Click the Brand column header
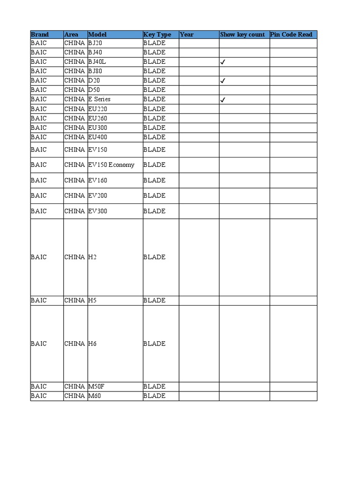[40, 35]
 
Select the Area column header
[71, 35]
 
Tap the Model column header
[97, 35]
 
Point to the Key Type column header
[157, 35]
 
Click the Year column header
[187, 35]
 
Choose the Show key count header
[242, 35]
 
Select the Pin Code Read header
[291, 35]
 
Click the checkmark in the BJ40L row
[223, 62]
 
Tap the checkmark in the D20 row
[223, 81]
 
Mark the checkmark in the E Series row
[223, 99]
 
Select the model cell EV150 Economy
[111, 165]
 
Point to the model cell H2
[92, 257]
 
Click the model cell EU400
[97, 137]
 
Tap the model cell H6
[92, 344]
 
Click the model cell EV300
[97, 211]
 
